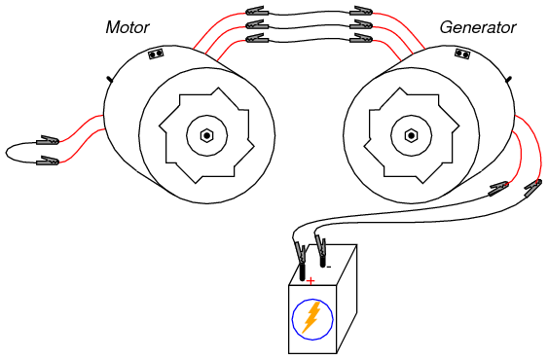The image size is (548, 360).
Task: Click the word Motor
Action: click(x=128, y=27)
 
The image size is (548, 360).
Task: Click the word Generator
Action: click(x=478, y=27)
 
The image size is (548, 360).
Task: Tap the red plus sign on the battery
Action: click(x=311, y=280)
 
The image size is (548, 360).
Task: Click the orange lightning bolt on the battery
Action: click(x=311, y=317)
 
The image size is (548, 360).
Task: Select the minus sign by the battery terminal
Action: click(x=329, y=268)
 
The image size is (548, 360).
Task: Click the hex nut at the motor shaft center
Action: click(x=207, y=135)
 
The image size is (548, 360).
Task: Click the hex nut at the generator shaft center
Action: click(x=412, y=135)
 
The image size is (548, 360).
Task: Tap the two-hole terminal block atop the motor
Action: click(x=156, y=54)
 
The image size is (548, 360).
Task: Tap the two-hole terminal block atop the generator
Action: click(x=462, y=54)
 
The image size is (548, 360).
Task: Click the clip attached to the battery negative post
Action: click(x=320, y=246)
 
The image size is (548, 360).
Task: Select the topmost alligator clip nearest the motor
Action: click(x=257, y=11)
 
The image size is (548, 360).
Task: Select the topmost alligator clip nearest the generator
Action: click(x=361, y=11)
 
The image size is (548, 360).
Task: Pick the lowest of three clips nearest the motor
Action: click(x=257, y=38)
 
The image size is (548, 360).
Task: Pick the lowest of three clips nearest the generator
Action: click(x=361, y=38)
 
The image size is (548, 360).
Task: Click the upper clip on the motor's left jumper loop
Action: click(x=48, y=140)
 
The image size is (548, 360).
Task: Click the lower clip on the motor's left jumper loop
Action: click(x=48, y=161)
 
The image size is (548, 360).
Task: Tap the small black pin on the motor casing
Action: click(x=110, y=80)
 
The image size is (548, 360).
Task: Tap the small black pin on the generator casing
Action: click(x=509, y=80)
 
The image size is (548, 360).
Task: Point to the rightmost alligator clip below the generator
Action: click(x=533, y=187)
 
